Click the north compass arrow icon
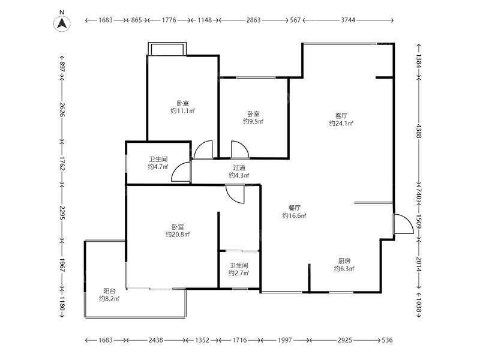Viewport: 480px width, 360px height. pyautogui.click(x=62, y=23)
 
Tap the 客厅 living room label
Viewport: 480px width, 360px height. pyautogui.click(x=341, y=116)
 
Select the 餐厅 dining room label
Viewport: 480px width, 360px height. pyautogui.click(x=294, y=208)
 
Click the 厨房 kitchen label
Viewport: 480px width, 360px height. pyautogui.click(x=344, y=261)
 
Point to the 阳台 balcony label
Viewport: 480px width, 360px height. pyautogui.click(x=109, y=291)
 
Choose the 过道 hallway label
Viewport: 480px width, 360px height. pyautogui.click(x=239, y=168)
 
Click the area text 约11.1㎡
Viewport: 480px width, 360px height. pyautogui.click(x=183, y=111)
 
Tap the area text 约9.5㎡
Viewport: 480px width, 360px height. pyautogui.click(x=253, y=122)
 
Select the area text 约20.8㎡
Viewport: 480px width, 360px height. pyautogui.click(x=178, y=235)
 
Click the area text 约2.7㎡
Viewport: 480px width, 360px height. pyautogui.click(x=239, y=273)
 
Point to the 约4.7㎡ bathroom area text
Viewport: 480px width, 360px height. pyautogui.click(x=158, y=167)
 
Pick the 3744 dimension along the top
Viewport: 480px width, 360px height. pyautogui.click(x=348, y=20)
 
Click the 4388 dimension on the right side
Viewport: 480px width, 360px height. pyautogui.click(x=418, y=131)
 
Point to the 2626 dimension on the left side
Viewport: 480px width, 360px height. pyautogui.click(x=62, y=110)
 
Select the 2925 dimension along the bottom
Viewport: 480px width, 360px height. pyautogui.click(x=345, y=340)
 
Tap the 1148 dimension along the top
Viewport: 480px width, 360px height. pyautogui.click(x=205, y=20)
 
